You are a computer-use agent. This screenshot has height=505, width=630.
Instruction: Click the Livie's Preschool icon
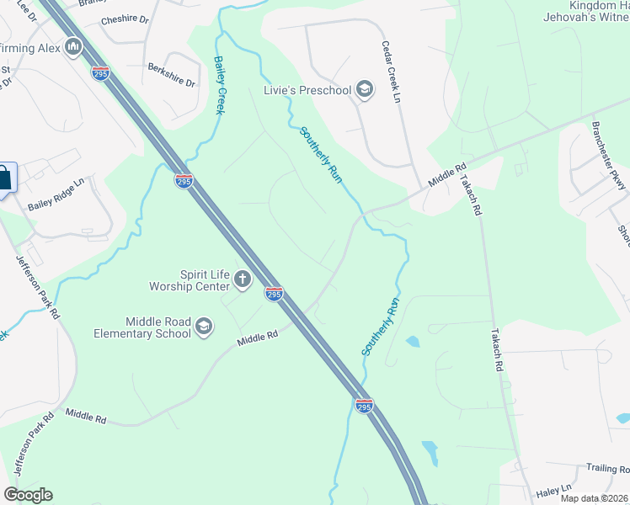(365, 90)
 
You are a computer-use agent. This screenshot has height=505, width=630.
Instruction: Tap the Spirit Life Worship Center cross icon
(243, 279)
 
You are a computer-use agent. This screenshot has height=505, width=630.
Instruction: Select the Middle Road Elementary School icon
(203, 327)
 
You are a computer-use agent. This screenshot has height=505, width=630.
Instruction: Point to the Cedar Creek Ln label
(390, 72)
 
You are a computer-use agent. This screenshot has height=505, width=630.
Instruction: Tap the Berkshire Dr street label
(171, 76)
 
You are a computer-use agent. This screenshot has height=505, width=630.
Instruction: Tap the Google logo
(28, 495)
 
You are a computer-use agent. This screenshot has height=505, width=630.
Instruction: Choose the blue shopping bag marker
(4, 178)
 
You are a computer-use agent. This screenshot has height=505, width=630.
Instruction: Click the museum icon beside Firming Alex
(73, 47)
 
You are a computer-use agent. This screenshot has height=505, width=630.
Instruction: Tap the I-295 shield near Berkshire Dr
(100, 73)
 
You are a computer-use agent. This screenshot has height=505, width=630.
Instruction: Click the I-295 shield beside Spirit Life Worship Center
(274, 293)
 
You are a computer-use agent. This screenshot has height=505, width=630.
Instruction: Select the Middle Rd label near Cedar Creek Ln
(446, 177)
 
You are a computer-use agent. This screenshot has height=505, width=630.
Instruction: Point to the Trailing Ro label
(608, 469)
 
